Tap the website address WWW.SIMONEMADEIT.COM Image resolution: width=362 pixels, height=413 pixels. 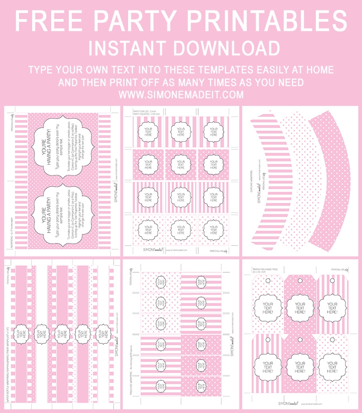click(181, 95)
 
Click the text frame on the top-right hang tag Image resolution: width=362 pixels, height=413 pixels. click(332, 308)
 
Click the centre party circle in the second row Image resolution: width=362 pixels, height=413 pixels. click(181, 165)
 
